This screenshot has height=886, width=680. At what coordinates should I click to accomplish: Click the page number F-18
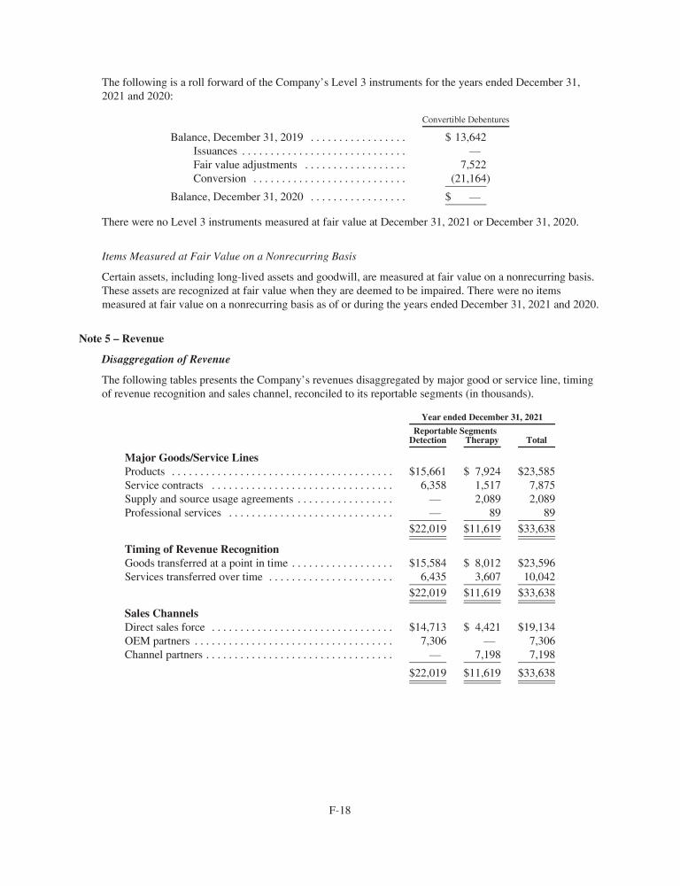pos(340,809)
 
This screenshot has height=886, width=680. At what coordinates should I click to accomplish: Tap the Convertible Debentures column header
pos(465,120)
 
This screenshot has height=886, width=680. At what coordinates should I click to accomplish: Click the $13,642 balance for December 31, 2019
pos(467,137)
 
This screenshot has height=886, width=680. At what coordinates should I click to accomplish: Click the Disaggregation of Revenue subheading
pos(166,359)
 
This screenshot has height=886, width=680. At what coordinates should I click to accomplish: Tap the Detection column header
pos(428,440)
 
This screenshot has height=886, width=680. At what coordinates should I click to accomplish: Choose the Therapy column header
pos(482,440)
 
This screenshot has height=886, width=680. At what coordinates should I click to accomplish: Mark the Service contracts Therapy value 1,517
pos(485,486)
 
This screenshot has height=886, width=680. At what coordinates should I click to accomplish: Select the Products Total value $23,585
pos(536,472)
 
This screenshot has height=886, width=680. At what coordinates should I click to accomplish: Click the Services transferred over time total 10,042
pos(537,577)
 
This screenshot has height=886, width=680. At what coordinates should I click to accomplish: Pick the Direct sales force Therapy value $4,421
pos(482,627)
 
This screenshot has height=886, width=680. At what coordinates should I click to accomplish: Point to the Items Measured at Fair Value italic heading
pos(229,257)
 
